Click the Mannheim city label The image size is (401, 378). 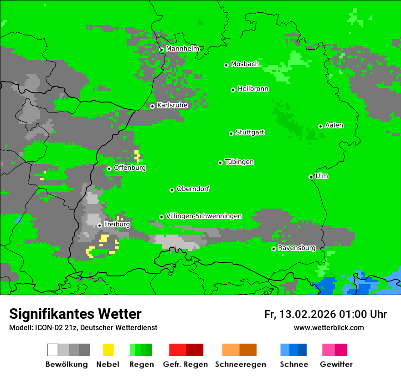182,49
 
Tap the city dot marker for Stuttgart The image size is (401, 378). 231,133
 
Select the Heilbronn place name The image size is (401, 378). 253,89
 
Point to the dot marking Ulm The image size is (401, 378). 311,177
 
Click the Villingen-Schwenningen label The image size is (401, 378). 204,216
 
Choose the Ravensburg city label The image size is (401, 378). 297,248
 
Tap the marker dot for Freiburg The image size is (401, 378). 99,225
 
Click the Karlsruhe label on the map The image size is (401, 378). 172,105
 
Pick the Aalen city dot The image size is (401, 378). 320,126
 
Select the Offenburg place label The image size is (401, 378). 130,168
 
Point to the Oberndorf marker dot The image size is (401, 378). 172,190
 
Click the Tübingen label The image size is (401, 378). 239,162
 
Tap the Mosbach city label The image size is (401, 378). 245,64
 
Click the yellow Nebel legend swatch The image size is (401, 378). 108,350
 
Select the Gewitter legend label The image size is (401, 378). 336,364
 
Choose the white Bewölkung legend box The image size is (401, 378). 53,350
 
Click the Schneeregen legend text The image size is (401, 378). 240,364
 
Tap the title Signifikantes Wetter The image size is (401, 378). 75,314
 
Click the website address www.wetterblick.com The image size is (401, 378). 329,327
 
